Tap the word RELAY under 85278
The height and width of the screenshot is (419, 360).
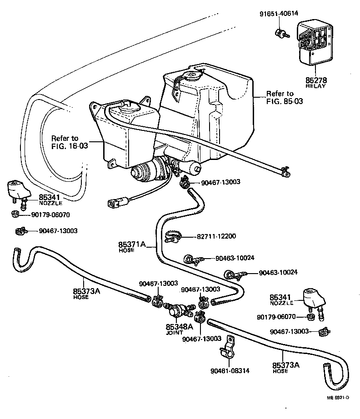coord(315,86)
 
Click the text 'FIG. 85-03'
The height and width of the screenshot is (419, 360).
coord(285,101)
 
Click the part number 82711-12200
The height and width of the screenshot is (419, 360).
coord(216,236)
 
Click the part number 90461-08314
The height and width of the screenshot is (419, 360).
coord(230,371)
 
